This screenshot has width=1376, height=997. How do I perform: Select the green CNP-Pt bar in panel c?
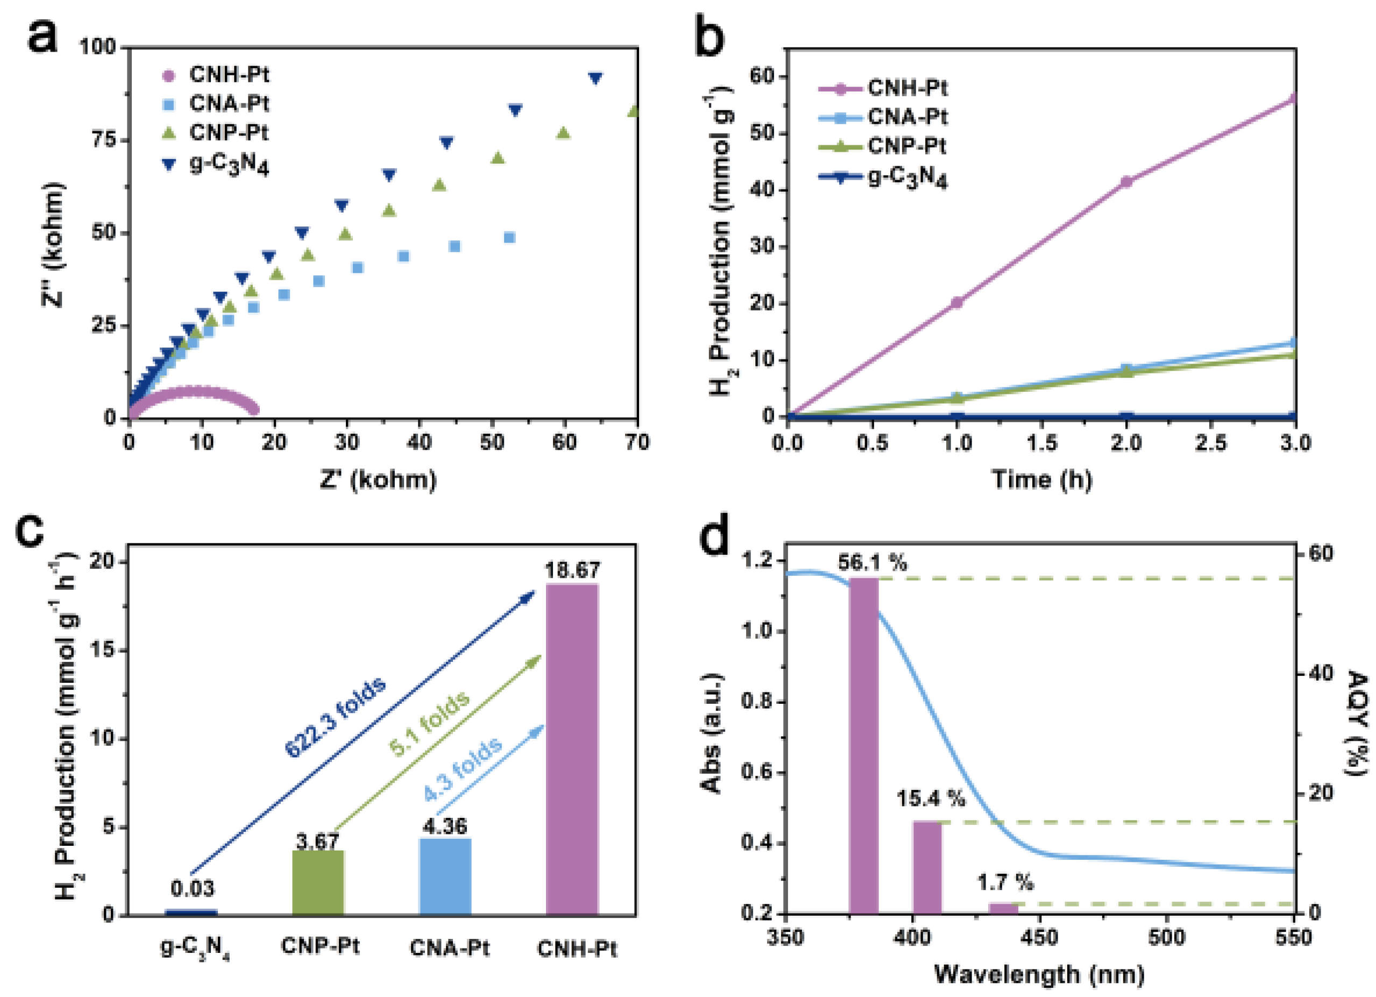(x=318, y=882)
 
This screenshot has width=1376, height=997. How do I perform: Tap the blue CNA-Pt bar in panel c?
(x=445, y=876)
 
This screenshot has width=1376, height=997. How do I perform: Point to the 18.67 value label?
(x=572, y=570)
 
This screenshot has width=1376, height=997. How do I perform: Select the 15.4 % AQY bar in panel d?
(x=927, y=867)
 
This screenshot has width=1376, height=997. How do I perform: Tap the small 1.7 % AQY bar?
(x=1003, y=908)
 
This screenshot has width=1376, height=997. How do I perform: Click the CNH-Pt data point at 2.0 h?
(x=1126, y=181)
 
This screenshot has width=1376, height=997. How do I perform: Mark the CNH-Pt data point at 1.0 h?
(x=957, y=302)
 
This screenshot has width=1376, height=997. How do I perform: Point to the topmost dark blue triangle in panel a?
(x=595, y=77)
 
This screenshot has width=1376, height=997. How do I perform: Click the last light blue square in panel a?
(x=509, y=237)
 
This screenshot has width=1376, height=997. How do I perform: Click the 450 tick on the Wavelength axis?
(x=1040, y=937)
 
